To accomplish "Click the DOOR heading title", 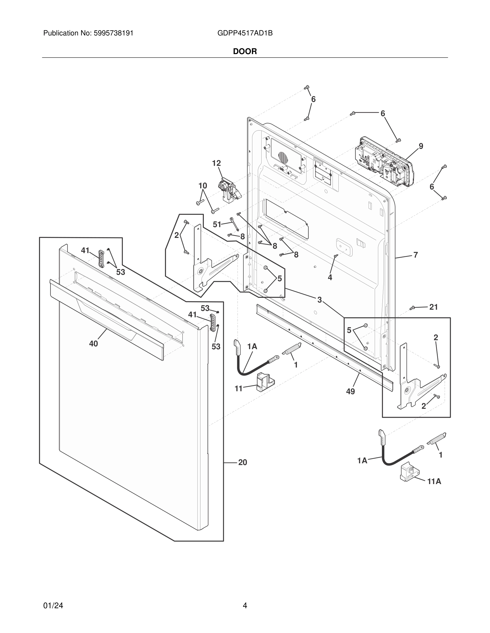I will coord(245,52).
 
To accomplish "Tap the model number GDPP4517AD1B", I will coord(245,33).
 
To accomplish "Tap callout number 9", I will coord(421,146).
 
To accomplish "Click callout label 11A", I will coord(434,481).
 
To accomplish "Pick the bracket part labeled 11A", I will coord(408,472).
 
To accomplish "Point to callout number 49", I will coord(350,392).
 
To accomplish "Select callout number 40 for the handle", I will coord(93,344).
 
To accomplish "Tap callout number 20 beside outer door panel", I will coord(243,462).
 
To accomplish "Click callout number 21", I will coord(433,307).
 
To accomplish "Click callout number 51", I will coord(217,224).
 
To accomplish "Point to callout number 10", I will coord(203,186).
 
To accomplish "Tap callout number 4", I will coord(330,278).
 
